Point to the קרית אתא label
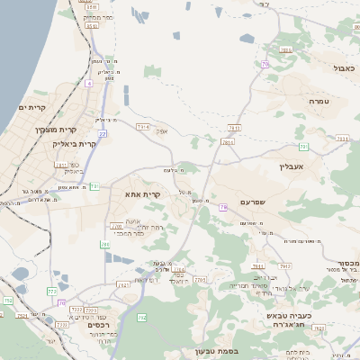click(145, 194)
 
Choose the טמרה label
click(319, 102)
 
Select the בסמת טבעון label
click(217, 351)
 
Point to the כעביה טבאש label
click(289, 317)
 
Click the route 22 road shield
click(103, 134)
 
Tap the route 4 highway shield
click(89, 83)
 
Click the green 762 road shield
click(141, 317)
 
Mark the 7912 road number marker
click(284, 266)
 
